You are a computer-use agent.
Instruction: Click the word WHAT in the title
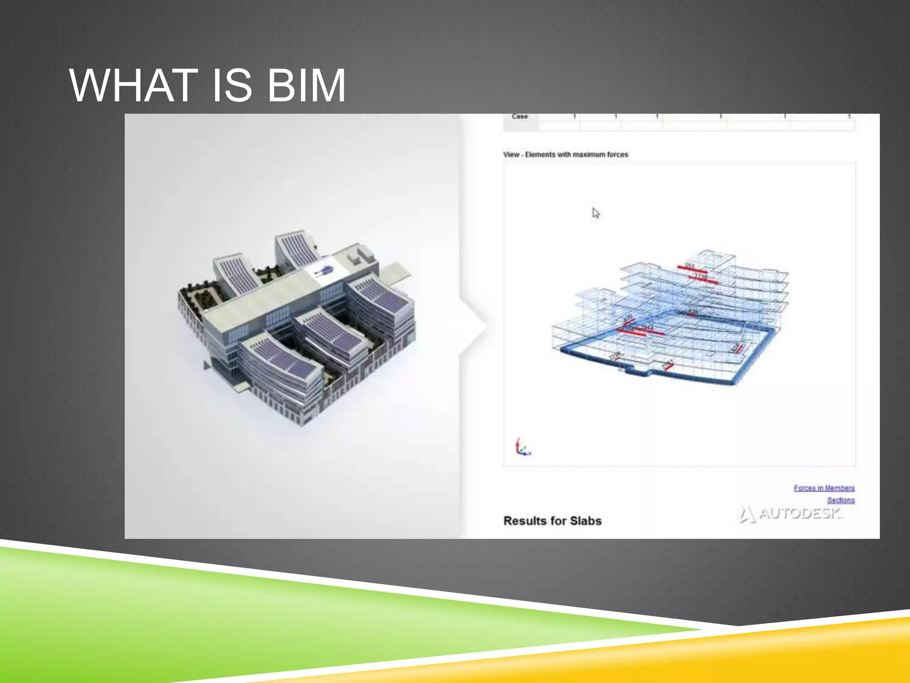point(133,85)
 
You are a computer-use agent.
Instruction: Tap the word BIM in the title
point(306,85)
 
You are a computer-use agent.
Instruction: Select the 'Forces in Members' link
point(824,488)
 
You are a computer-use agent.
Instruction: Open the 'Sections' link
point(840,500)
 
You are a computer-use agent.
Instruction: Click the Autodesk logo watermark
point(791,514)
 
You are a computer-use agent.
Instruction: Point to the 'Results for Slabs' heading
point(552,521)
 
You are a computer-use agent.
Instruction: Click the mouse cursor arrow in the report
point(595,213)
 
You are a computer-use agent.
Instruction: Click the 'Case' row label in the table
point(519,117)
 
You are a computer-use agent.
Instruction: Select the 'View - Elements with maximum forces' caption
point(565,155)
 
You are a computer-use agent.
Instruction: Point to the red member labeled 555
point(691,269)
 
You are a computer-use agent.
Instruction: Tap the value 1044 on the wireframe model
point(647,328)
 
